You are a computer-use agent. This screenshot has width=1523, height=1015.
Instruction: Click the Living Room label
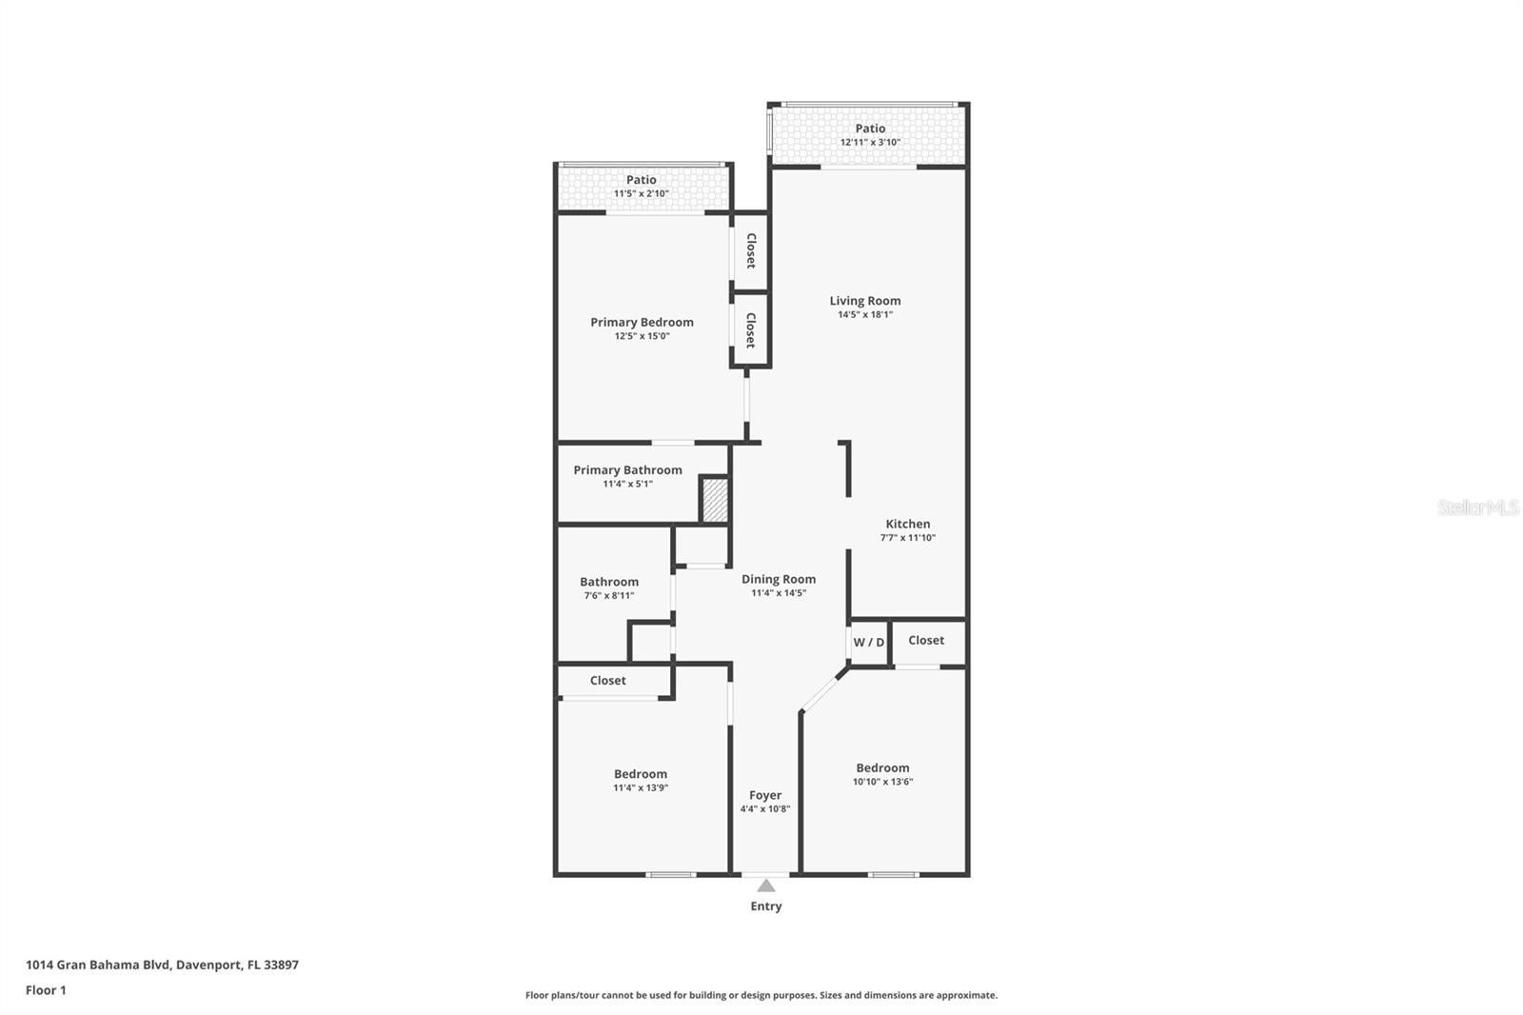pyautogui.click(x=864, y=301)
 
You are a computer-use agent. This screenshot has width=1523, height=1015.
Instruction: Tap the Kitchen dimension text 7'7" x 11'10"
pyautogui.click(x=907, y=538)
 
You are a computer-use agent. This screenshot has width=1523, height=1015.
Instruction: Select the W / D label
pyautogui.click(x=868, y=643)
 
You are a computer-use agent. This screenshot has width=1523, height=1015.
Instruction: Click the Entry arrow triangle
pyautogui.click(x=766, y=886)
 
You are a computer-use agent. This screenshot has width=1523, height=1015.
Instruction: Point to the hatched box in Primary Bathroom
pyautogui.click(x=715, y=500)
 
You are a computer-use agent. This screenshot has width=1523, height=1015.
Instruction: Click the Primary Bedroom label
pyautogui.click(x=642, y=323)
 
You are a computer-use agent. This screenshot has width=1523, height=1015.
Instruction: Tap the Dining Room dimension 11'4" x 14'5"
pyautogui.click(x=779, y=593)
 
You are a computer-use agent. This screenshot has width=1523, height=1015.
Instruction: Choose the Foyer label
pyautogui.click(x=765, y=796)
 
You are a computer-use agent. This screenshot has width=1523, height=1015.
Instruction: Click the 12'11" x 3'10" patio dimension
pyautogui.click(x=870, y=143)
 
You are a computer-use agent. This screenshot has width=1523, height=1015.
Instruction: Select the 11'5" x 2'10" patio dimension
pyautogui.click(x=642, y=194)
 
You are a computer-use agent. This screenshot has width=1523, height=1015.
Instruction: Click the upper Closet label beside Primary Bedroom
pyautogui.click(x=750, y=250)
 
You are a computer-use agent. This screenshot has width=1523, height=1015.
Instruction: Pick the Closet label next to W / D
pyautogui.click(x=926, y=641)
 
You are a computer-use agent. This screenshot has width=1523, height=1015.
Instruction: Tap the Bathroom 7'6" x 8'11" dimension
pyautogui.click(x=609, y=596)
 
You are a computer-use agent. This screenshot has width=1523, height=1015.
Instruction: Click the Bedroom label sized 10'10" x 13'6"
pyautogui.click(x=882, y=768)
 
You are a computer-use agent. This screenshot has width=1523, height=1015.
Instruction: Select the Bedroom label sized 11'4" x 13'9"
pyautogui.click(x=641, y=775)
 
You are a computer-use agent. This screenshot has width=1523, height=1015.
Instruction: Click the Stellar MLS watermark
pyautogui.click(x=1477, y=508)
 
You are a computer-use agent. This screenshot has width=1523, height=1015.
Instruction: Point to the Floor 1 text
pyautogui.click(x=46, y=990)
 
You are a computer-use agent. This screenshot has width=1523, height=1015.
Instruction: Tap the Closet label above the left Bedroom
pyautogui.click(x=607, y=681)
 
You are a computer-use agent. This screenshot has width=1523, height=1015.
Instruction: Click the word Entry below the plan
pyautogui.click(x=766, y=906)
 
